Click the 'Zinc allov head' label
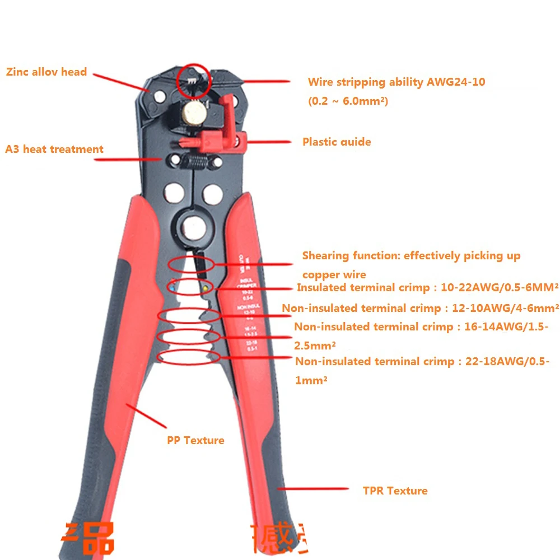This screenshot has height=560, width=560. pyautogui.click(x=46, y=72)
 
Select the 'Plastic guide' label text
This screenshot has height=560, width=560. pyautogui.click(x=337, y=142)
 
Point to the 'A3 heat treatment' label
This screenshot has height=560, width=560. pyautogui.click(x=54, y=149)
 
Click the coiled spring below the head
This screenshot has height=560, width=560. pyautogui.click(x=194, y=162)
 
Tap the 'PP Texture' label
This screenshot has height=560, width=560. pyautogui.click(x=195, y=440)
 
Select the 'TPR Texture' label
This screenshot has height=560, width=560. pyautogui.click(x=395, y=491)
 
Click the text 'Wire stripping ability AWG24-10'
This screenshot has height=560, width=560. pyautogui.click(x=396, y=82)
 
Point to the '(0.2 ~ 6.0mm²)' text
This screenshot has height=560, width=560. pyautogui.click(x=348, y=101)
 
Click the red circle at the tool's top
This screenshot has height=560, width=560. pyautogui.click(x=194, y=78)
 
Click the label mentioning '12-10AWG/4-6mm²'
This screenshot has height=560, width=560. pyautogui.click(x=420, y=308)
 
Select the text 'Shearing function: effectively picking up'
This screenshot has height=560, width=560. pyautogui.click(x=411, y=256)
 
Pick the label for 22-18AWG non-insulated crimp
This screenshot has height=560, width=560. pyautogui.click(x=422, y=362)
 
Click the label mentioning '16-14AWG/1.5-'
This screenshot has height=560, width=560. pyautogui.click(x=421, y=327)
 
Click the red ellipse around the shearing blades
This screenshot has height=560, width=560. pyautogui.click(x=190, y=264)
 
